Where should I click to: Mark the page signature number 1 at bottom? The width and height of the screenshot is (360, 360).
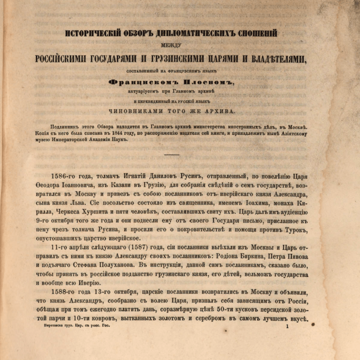(287, 327)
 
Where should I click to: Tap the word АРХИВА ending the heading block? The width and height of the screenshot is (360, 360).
(217, 111)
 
